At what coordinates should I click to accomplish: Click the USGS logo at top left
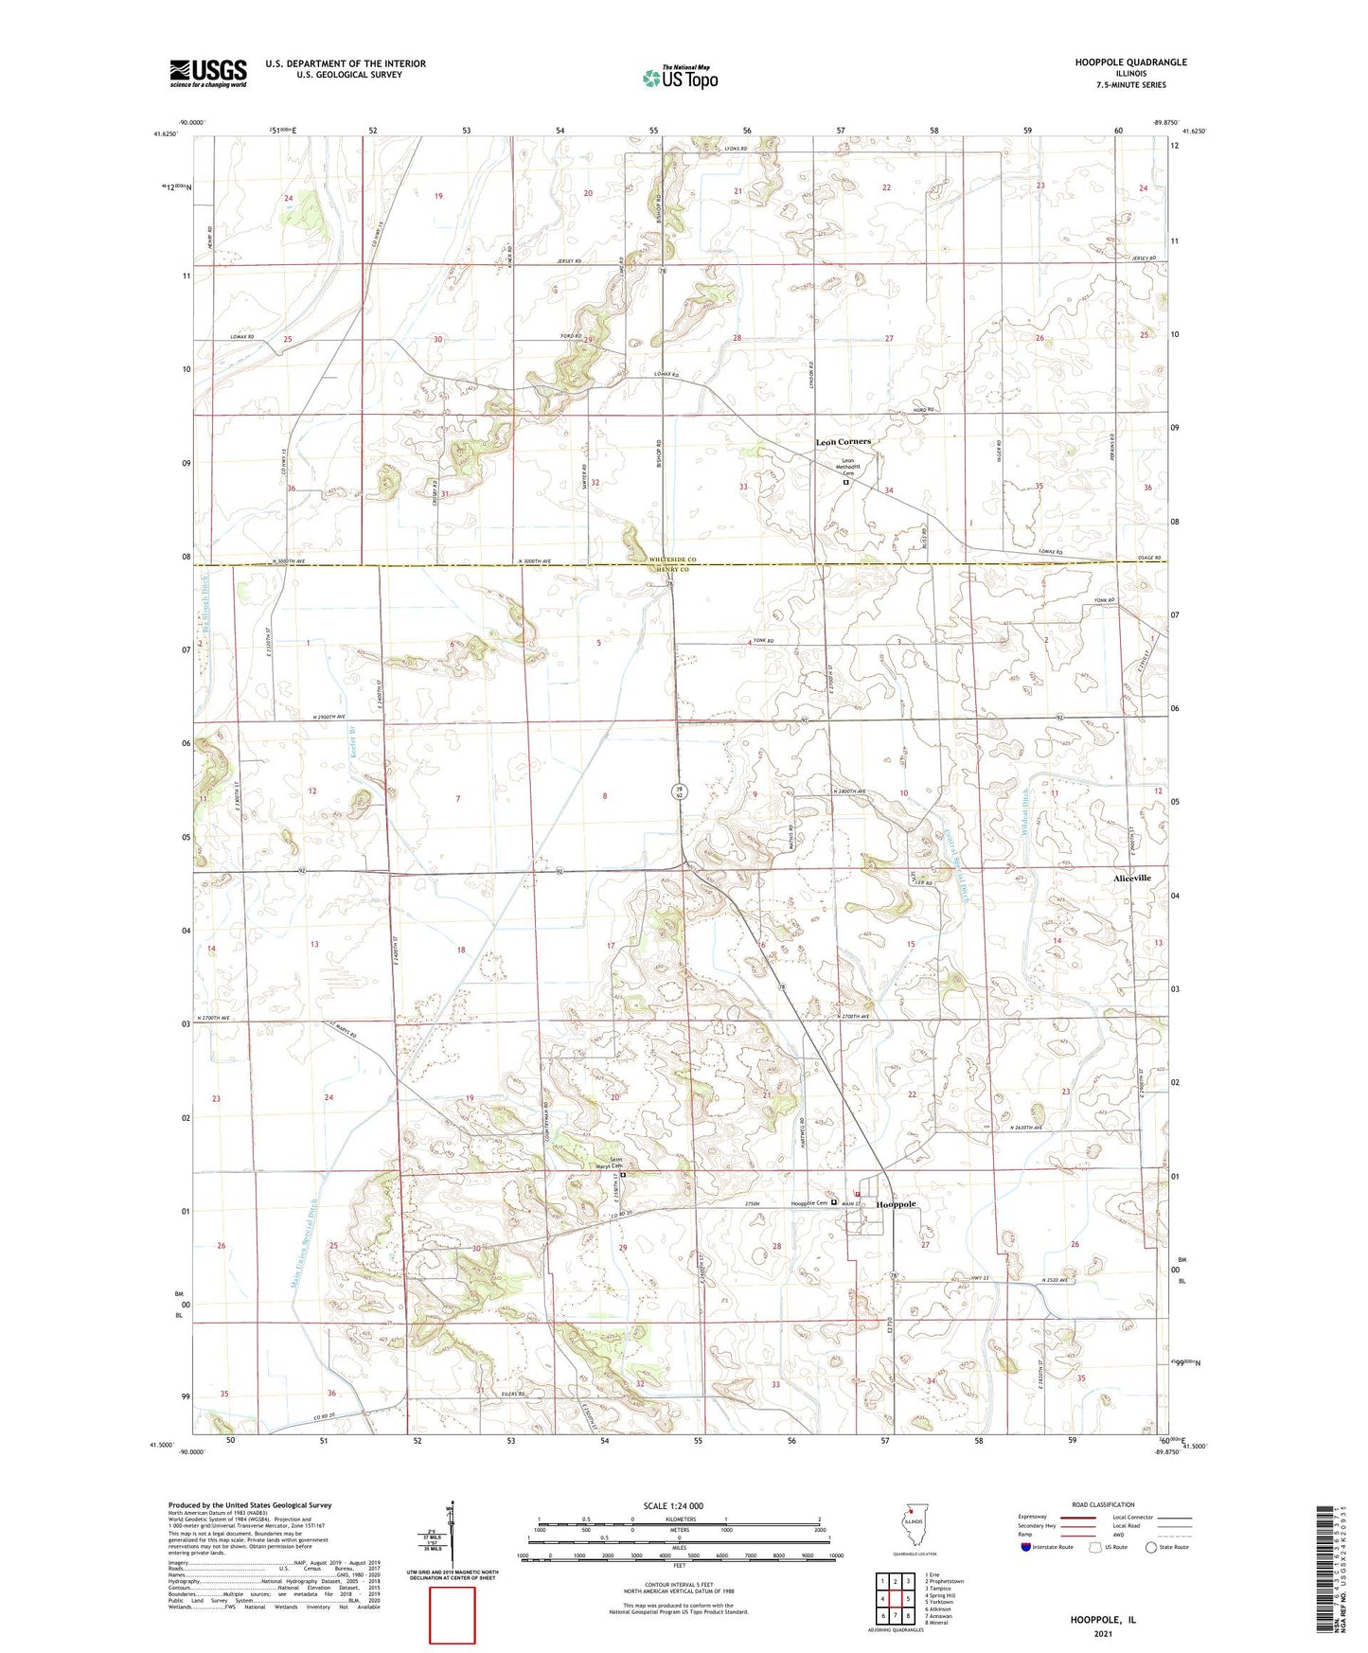point(208,72)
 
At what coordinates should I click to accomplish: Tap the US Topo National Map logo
point(679,78)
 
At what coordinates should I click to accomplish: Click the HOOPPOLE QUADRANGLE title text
point(1130,62)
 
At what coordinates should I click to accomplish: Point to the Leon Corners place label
point(843,442)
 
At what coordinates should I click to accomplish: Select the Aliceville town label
point(1131,878)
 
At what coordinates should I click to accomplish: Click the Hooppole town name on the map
point(896,1204)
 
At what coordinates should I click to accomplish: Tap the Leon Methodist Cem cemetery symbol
point(846,482)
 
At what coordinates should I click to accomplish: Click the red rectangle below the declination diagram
point(453,1615)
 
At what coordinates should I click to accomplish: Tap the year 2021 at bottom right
point(1103,1633)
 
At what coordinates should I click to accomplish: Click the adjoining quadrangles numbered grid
point(895,1600)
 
